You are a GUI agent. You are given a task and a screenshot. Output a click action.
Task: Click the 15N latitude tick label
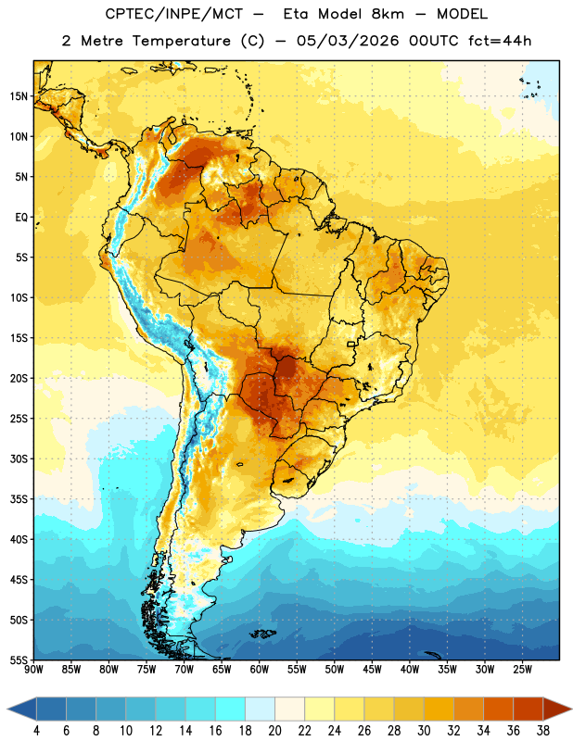click(19, 96)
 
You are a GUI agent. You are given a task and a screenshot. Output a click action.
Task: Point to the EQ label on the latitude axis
click(21, 218)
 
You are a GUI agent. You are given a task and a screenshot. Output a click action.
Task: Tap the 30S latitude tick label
click(19, 458)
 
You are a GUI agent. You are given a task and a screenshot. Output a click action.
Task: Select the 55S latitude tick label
click(19, 660)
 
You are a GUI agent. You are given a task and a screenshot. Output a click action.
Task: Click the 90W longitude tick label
click(33, 670)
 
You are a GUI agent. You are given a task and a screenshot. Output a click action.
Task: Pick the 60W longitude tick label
click(260, 670)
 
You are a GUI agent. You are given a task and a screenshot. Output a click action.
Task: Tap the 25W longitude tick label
click(522, 670)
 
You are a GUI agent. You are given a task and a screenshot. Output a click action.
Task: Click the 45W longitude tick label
click(372, 670)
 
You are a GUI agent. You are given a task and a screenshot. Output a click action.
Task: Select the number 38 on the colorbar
click(543, 731)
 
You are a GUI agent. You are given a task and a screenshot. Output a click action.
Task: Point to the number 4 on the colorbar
click(36, 731)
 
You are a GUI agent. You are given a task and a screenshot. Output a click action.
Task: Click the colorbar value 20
click(274, 731)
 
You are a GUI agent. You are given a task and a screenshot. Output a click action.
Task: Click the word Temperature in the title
click(181, 41)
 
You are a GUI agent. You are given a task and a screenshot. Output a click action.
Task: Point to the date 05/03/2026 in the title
click(348, 41)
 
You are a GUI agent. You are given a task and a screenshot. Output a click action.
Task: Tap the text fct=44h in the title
click(500, 41)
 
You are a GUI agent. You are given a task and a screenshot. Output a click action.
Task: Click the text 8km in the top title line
click(388, 14)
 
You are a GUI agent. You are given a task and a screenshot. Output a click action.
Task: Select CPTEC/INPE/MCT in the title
click(174, 14)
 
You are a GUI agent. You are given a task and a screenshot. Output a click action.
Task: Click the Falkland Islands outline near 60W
click(262, 634)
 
